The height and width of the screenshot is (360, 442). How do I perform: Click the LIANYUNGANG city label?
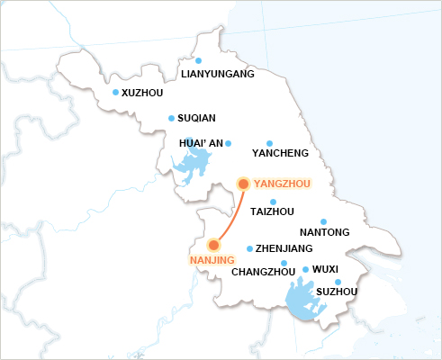[218, 74]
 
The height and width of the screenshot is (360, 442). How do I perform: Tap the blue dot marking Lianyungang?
[198, 60]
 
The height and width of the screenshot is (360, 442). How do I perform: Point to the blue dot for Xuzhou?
[115, 92]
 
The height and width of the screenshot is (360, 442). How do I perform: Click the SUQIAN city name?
[196, 118]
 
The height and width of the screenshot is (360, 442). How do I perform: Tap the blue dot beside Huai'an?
[228, 143]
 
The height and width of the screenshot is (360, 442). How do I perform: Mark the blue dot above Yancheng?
[269, 142]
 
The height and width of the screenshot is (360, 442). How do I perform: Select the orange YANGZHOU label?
[282, 184]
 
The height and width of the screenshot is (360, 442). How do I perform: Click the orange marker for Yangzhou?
[243, 184]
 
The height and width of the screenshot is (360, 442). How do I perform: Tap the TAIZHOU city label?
[271, 211]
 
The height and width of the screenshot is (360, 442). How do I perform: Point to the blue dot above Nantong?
[324, 221]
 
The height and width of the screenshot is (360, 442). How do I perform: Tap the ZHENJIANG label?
[284, 248]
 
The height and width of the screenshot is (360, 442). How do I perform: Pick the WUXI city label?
[324, 269]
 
